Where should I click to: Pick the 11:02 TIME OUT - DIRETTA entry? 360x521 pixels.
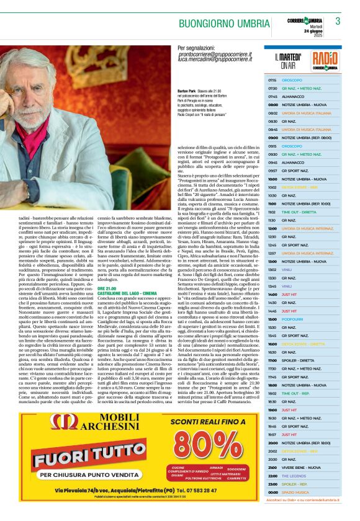294,212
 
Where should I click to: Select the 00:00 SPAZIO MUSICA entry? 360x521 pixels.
295,492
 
